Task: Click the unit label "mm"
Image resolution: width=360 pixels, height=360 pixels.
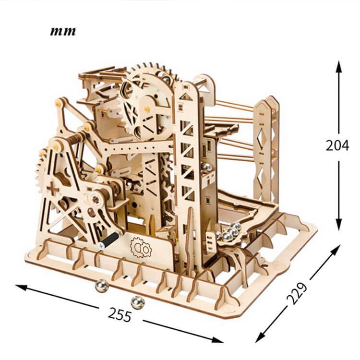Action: pyautogui.click(x=63, y=32)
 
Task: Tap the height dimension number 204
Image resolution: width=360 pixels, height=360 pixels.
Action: pyautogui.click(x=337, y=145)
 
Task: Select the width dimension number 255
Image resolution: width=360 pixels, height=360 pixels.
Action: pyautogui.click(x=120, y=315)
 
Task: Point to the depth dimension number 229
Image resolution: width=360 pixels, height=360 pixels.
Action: pyautogui.click(x=297, y=293)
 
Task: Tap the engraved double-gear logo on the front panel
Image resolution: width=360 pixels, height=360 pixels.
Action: pyautogui.click(x=141, y=248)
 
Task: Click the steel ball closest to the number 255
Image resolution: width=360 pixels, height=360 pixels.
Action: pyautogui.click(x=137, y=302)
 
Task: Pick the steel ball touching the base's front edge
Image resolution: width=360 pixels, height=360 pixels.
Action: pyautogui.click(x=102, y=286)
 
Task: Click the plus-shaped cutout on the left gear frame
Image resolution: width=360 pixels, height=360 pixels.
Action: pyautogui.click(x=53, y=189)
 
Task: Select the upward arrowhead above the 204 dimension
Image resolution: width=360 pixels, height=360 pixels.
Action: pyautogui.click(x=339, y=67)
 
